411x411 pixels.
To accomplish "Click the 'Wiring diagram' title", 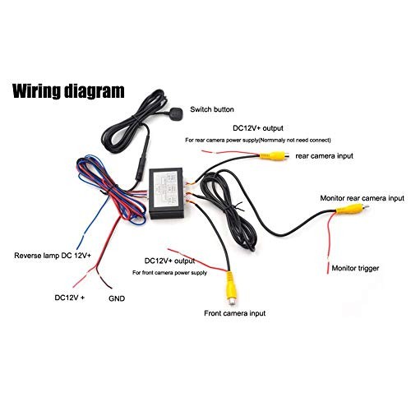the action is [68, 91].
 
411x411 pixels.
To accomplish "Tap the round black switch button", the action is [175, 113].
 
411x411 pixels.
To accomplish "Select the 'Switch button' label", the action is [212, 109].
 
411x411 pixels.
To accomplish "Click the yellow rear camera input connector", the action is [274, 156].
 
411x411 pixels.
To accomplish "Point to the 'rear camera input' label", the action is [324, 156].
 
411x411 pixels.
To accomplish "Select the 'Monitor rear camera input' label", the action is [362, 198].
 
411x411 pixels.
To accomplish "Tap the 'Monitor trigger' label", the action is [355, 268].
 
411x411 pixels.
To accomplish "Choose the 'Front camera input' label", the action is [235, 313].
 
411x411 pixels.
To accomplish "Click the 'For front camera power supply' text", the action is [169, 273].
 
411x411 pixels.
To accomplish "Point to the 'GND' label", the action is [117, 298].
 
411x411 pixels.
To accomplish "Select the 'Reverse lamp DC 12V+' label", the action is [53, 256].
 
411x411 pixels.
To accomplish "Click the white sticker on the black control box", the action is [165, 189].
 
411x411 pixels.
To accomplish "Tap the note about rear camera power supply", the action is [258, 140].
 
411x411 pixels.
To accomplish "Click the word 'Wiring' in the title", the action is [36, 91].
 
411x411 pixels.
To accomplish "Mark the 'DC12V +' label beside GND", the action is [70, 298].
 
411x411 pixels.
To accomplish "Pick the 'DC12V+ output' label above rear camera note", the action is [258, 128].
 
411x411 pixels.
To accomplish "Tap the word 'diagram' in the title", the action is [95, 91].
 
